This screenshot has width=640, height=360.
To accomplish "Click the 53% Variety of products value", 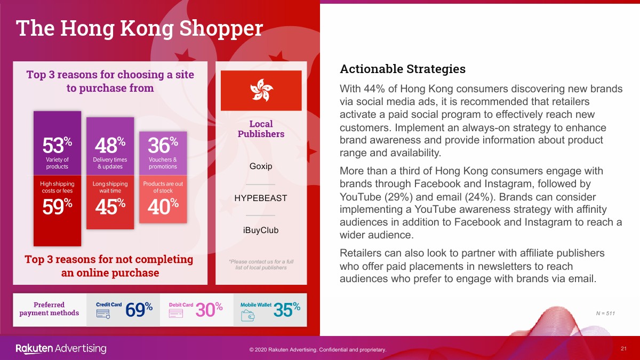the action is pyautogui.click(x=57, y=145).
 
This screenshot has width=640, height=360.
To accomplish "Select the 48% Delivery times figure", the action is pyautogui.click(x=110, y=145).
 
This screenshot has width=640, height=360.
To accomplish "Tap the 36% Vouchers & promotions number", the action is pyautogui.click(x=163, y=145).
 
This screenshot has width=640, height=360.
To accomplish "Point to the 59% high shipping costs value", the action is pyautogui.click(x=57, y=206).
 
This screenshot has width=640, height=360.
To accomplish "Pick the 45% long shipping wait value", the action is pyautogui.click(x=110, y=206).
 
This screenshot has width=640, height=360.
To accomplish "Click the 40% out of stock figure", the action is pyautogui.click(x=163, y=206).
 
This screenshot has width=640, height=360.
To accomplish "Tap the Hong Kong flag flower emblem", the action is pyautogui.click(x=261, y=90).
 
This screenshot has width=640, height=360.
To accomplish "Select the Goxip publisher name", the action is pyautogui.click(x=261, y=166).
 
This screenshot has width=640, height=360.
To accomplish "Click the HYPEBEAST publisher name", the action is pyautogui.click(x=261, y=198).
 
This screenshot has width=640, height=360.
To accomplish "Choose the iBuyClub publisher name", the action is pyautogui.click(x=261, y=230).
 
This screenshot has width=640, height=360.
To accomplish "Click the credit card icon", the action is pyautogui.click(x=103, y=314).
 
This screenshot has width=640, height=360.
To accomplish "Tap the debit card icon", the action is pyautogui.click(x=175, y=314).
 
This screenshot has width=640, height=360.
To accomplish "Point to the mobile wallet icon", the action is pyautogui.click(x=247, y=316).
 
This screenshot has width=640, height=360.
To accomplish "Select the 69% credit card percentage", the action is pyautogui.click(x=139, y=310).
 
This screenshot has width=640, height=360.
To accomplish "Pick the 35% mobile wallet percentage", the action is pyautogui.click(x=287, y=310).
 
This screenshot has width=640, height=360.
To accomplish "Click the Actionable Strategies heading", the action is pyautogui.click(x=403, y=69).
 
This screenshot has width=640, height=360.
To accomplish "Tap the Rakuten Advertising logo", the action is pyautogui.click(x=61, y=349).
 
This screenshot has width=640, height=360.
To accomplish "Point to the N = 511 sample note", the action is pyautogui.click(x=605, y=314).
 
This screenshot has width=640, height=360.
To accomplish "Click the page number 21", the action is pyautogui.click(x=623, y=349).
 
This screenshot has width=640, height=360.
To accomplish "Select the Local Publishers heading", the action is pyautogui.click(x=261, y=129).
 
